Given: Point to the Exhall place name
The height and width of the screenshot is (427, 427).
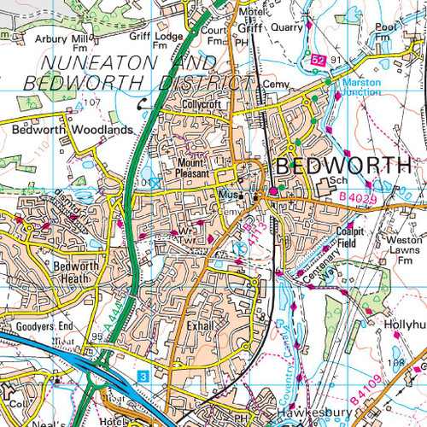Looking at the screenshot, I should [x=198, y=326].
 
